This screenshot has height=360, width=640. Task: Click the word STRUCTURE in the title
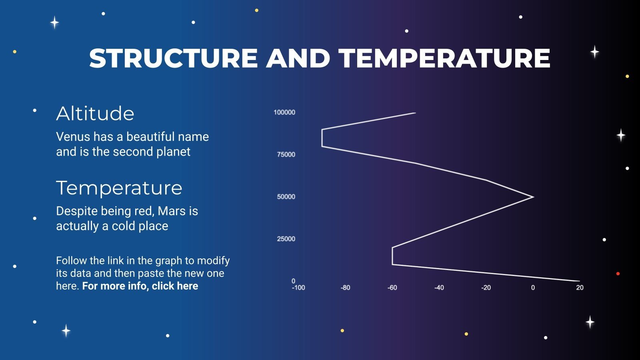click(x=173, y=58)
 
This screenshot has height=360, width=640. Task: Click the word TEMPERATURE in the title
click(x=445, y=58)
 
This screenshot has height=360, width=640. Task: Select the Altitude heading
click(x=95, y=114)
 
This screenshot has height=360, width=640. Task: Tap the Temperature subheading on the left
click(x=119, y=188)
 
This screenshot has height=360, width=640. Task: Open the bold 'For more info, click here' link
click(x=140, y=286)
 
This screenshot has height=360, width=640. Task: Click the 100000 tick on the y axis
click(x=284, y=112)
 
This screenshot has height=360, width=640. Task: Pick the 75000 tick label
click(x=286, y=155)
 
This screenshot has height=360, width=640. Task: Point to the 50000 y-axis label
click(x=286, y=197)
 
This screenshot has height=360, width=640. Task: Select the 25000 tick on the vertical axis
click(x=286, y=239)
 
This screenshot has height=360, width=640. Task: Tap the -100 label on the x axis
click(x=298, y=288)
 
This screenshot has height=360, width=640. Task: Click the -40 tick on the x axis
click(x=439, y=288)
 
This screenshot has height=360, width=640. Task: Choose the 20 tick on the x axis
click(x=580, y=288)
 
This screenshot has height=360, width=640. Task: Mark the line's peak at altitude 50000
click(x=533, y=197)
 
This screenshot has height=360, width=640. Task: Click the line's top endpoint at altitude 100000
click(x=416, y=113)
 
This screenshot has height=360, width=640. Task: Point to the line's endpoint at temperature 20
click(x=579, y=281)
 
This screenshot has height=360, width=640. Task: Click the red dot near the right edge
click(x=618, y=274)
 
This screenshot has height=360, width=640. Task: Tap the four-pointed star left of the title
click(x=55, y=22)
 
